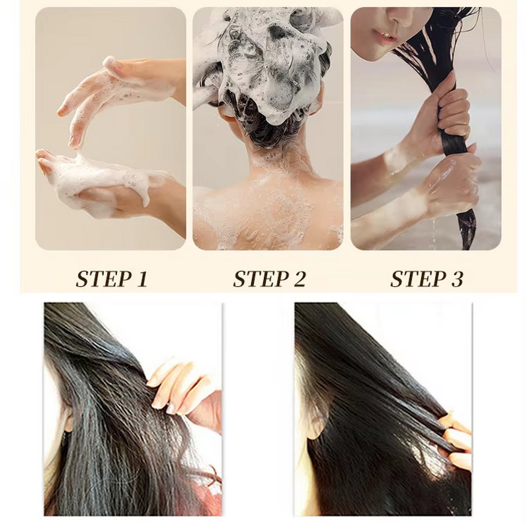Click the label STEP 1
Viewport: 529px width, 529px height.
[x=111, y=278]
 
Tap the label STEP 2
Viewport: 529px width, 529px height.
[x=269, y=278]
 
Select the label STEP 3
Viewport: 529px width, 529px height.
[x=427, y=278]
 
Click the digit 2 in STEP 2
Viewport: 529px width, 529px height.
[x=299, y=279]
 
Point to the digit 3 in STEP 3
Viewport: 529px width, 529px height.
[x=456, y=279]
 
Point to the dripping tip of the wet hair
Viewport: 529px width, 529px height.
[x=468, y=238]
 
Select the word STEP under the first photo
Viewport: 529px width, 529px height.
[x=99, y=278]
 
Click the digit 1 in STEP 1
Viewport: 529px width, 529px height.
[x=141, y=279]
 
